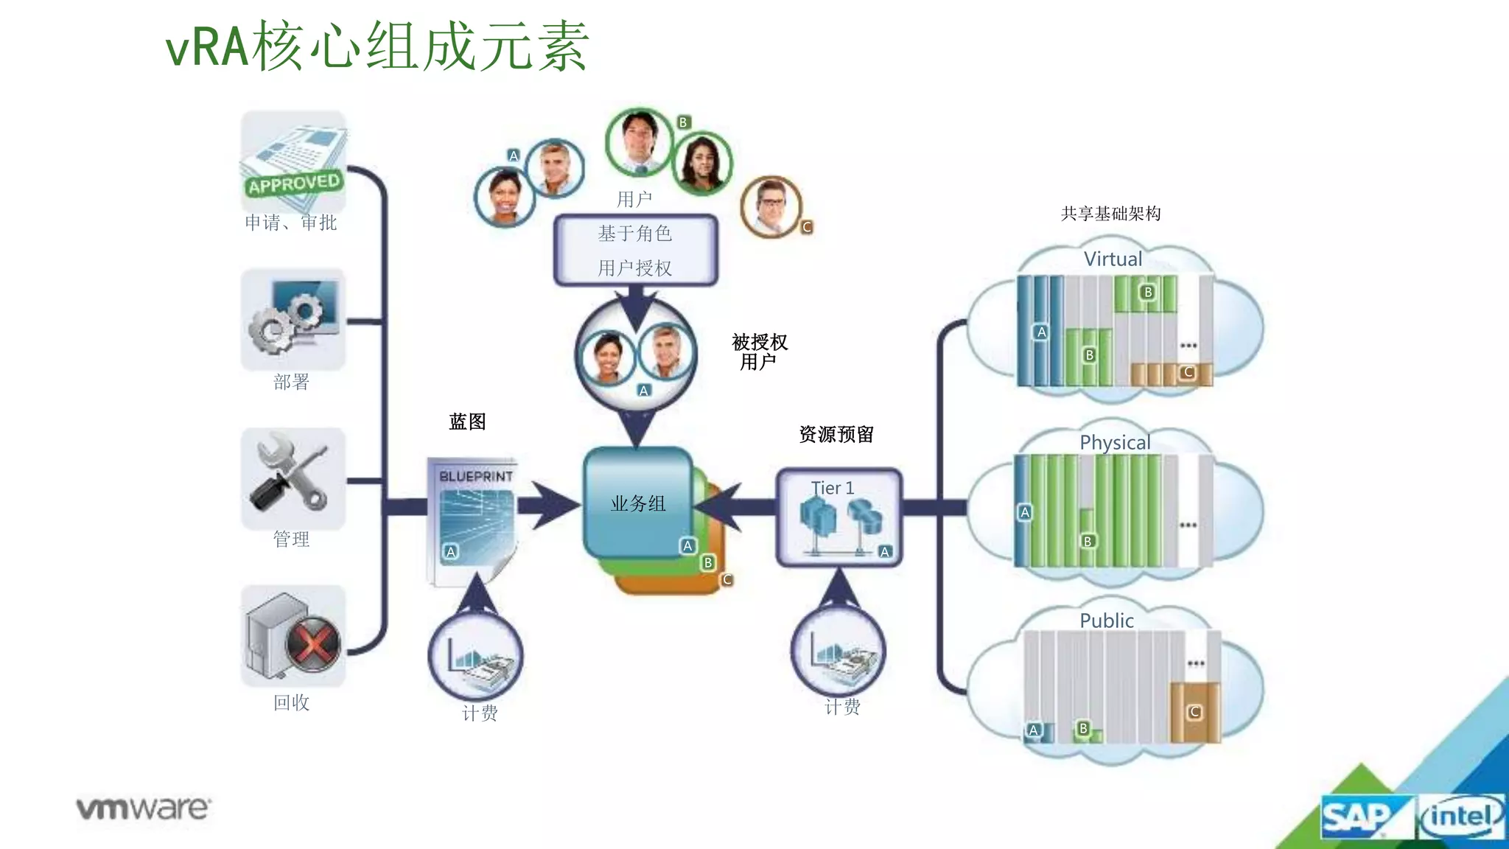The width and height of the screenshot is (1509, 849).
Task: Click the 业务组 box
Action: pyautogui.click(x=638, y=503)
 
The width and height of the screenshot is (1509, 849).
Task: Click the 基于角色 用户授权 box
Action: pyautogui.click(x=635, y=250)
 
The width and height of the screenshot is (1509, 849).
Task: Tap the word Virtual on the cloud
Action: pyautogui.click(x=1112, y=259)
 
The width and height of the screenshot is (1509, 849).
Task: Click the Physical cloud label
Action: pyautogui.click(x=1114, y=442)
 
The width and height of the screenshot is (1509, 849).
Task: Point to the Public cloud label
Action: pyautogui.click(x=1106, y=621)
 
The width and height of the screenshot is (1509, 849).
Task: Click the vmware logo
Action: pyautogui.click(x=144, y=808)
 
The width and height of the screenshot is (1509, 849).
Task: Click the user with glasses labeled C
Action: pyautogui.click(x=771, y=206)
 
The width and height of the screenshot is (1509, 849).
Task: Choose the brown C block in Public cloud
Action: pyautogui.click(x=1194, y=712)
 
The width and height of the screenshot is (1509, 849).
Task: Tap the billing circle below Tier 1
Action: pyautogui.click(x=838, y=651)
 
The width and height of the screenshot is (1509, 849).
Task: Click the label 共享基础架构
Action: pyautogui.click(x=1110, y=214)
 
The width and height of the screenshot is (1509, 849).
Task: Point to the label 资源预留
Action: pyautogui.click(x=836, y=434)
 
